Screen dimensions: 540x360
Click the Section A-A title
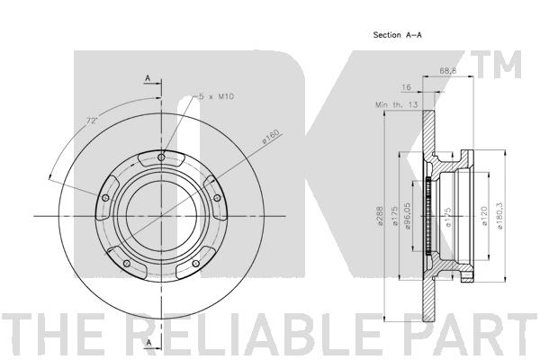[398, 35]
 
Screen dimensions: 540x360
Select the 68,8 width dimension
[447, 70]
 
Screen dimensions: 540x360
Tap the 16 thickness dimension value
[407, 87]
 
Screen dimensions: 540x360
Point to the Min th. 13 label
[396, 104]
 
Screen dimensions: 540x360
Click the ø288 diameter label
[380, 216]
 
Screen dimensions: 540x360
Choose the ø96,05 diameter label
[408, 216]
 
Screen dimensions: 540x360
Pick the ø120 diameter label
[484, 216]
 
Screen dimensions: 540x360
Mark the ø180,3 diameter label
[500, 216]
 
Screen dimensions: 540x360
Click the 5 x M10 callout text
[215, 96]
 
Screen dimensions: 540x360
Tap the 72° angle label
[93, 121]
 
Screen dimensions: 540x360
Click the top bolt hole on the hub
[161, 157]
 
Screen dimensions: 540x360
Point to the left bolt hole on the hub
[106, 198]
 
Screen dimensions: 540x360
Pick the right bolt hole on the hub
[217, 198]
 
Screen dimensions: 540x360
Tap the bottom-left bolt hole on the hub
[127, 264]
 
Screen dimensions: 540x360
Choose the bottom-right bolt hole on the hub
[195, 264]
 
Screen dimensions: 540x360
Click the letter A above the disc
[148, 78]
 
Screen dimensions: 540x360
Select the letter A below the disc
[149, 343]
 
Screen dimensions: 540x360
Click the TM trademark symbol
[497, 65]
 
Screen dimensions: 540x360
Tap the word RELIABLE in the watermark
[256, 333]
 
